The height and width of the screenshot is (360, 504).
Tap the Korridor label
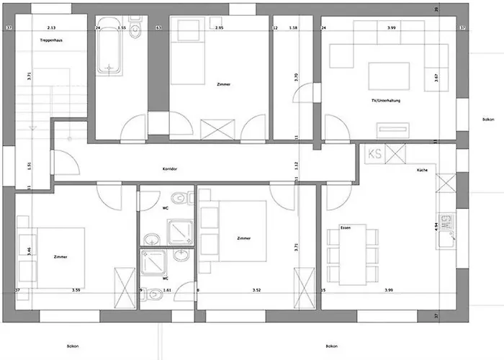(x=170, y=168)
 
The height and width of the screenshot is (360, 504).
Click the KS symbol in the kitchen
(x=374, y=153)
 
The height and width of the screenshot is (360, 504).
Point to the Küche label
(x=422, y=170)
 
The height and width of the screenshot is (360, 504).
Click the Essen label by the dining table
(x=345, y=226)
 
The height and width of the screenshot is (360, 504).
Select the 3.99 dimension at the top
(x=391, y=28)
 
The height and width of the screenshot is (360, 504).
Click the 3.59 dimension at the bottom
(x=76, y=291)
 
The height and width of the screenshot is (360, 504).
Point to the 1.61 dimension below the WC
(x=166, y=291)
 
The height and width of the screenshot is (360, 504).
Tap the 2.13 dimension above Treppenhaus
(x=51, y=28)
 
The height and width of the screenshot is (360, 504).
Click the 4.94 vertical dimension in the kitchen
(x=437, y=225)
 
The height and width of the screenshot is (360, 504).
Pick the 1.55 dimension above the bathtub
(x=122, y=28)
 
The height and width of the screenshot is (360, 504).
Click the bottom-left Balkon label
(x=73, y=346)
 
